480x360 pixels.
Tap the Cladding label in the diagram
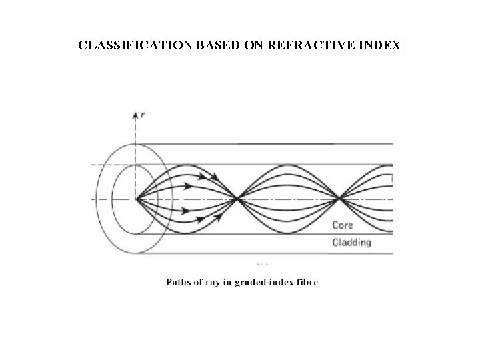[351, 242]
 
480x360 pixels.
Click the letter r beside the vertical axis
[143, 114]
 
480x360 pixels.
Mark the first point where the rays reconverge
[238, 198]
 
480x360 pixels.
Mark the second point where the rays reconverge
[340, 198]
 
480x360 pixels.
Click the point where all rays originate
[137, 198]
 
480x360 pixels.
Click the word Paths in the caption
[178, 282]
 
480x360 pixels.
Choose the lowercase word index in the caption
[283, 282]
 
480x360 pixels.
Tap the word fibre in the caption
[309, 282]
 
